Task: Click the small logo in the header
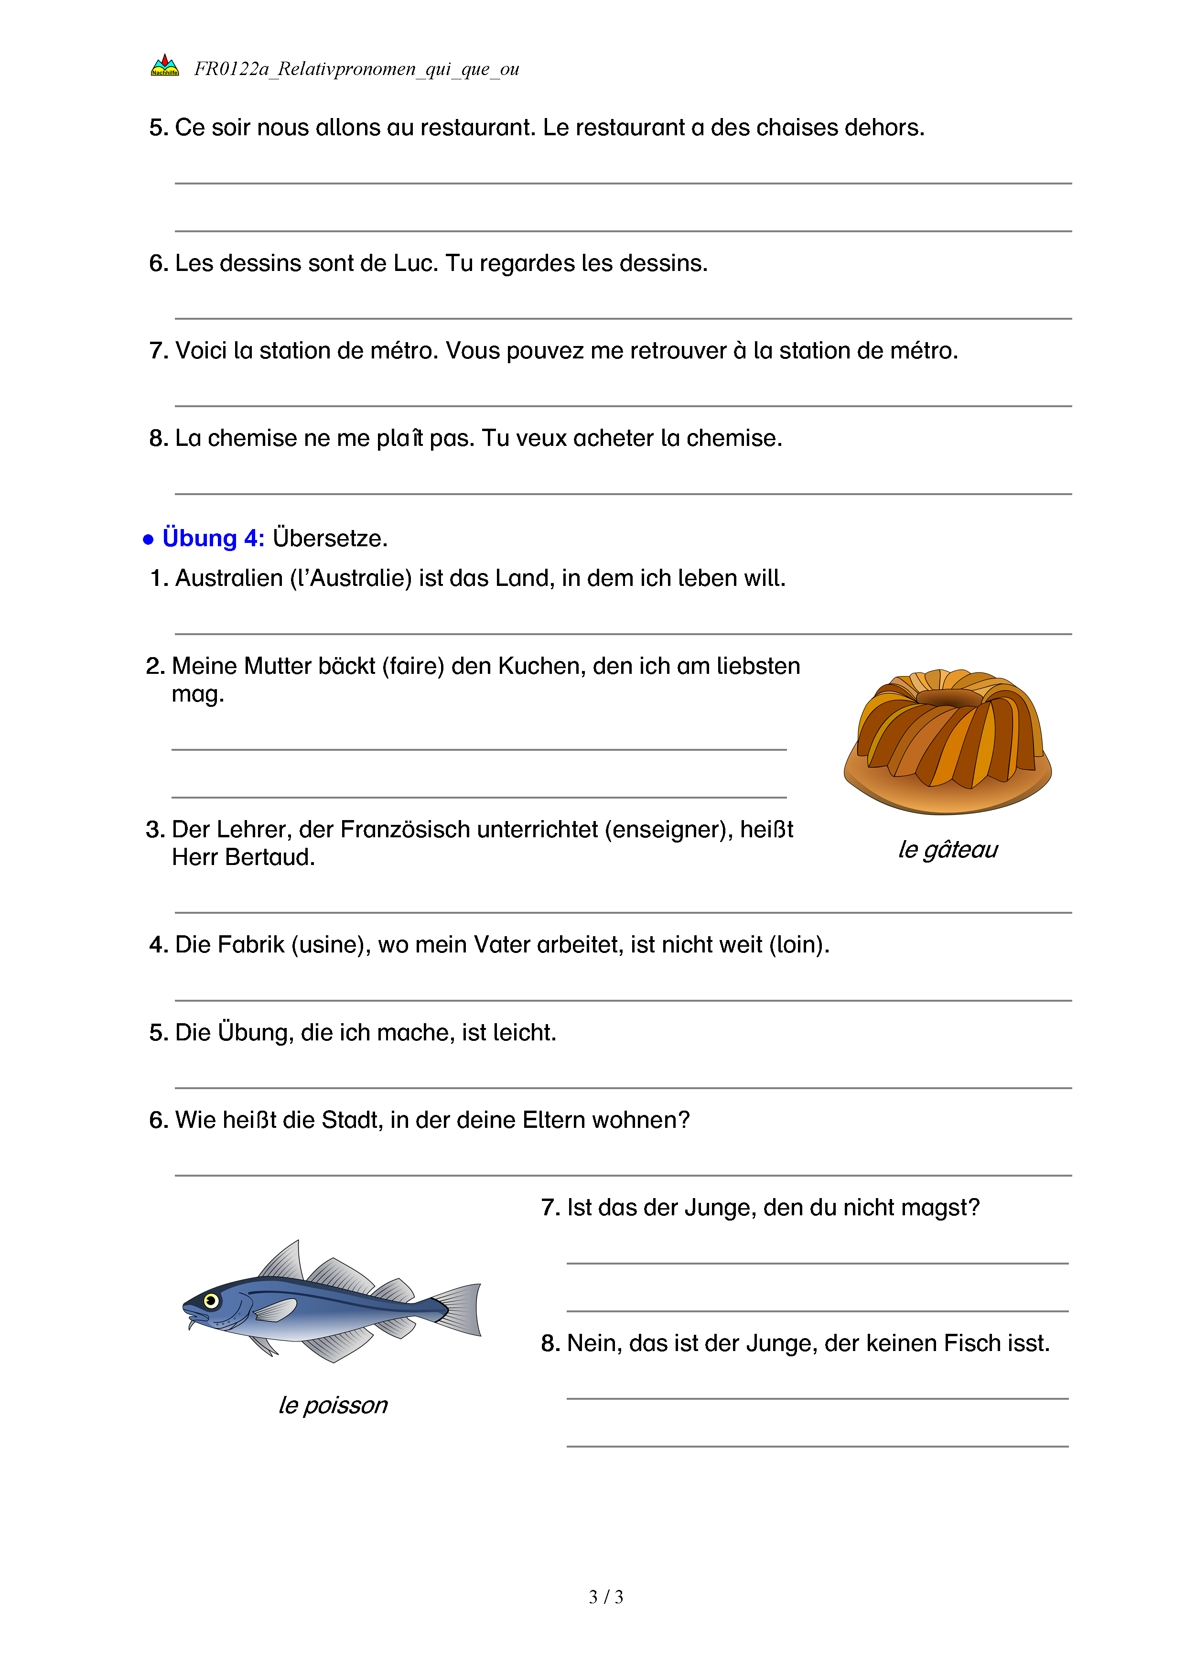coord(165,65)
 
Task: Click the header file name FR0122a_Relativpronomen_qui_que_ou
coord(356,69)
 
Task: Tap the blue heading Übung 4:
coord(213,538)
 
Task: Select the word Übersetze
coord(330,538)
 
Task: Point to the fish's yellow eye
coord(212,1300)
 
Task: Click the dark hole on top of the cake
coord(947,697)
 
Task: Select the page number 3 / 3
coord(605,1597)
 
